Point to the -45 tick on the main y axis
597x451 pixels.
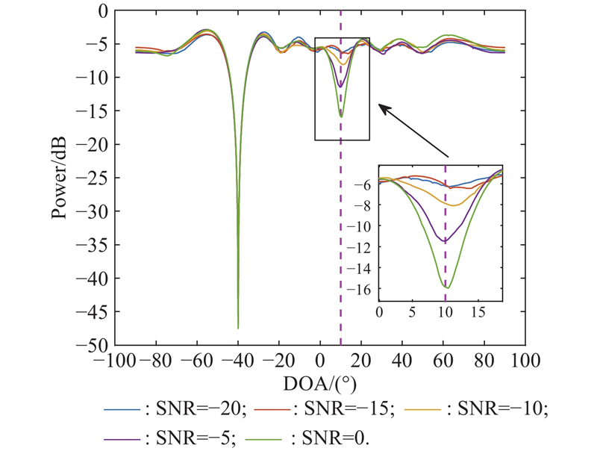tap(98, 312)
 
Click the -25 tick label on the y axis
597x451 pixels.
tap(98, 178)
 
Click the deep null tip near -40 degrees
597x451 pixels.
tap(238, 327)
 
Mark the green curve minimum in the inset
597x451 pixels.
tap(447, 287)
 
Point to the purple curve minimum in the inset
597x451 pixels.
tap(445, 240)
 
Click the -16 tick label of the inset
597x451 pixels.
tap(365, 288)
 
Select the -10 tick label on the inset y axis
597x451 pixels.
tap(365, 226)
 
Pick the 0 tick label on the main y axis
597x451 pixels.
tap(103, 11)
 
